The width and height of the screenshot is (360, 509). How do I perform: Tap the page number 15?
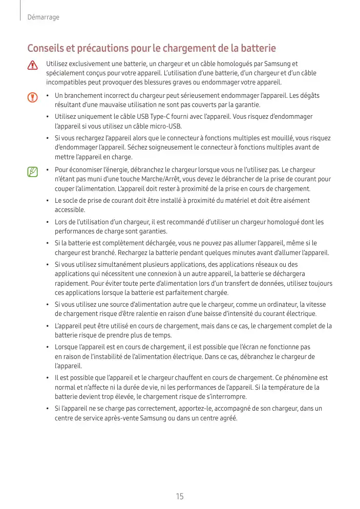180,496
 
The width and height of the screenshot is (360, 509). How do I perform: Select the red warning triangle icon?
33,66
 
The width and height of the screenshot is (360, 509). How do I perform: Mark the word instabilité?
94,356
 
